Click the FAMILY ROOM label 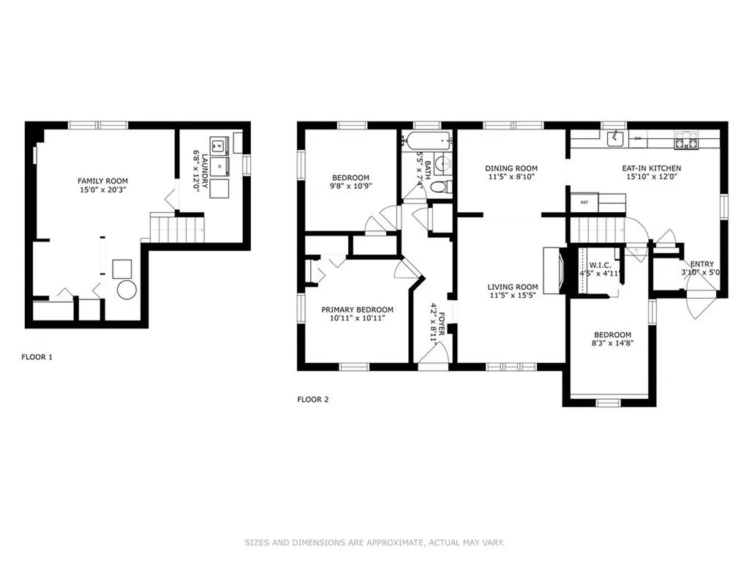(102, 181)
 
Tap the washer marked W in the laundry (219, 146)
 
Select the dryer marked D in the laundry (219, 166)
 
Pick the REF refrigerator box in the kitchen (584, 202)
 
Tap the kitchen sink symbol (615, 139)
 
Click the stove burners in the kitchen (686, 142)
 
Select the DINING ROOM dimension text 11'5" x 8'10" (511, 177)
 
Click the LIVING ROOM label (513, 287)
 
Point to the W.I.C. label (600, 265)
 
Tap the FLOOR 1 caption (37, 357)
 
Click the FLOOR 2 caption (313, 400)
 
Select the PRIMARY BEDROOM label (357, 310)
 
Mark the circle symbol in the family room (127, 290)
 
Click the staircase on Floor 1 (177, 228)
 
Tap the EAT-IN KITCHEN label (652, 168)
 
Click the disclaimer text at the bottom (374, 542)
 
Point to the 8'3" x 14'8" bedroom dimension (613, 343)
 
